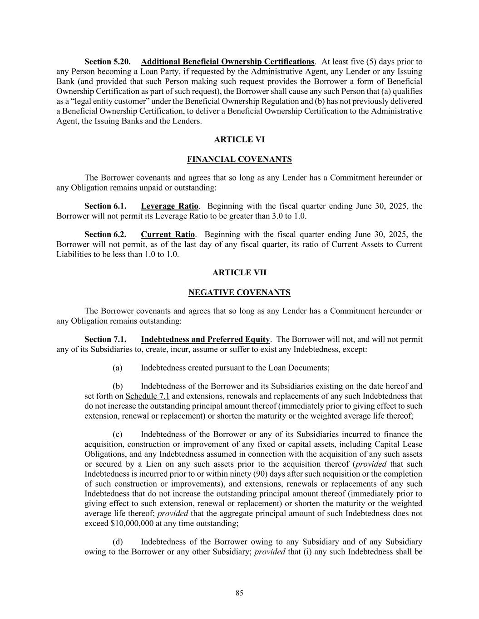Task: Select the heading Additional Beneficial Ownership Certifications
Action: (227, 61)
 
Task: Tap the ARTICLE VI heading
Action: (239, 139)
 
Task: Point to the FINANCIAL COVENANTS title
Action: (239, 159)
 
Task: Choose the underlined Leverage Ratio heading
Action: (170, 206)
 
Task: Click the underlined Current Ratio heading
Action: (168, 234)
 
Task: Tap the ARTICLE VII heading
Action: (239, 273)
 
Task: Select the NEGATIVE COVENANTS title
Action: (239, 292)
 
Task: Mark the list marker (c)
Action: (118, 434)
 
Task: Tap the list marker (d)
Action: (118, 541)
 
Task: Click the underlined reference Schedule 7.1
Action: (148, 396)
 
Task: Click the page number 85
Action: (239, 593)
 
